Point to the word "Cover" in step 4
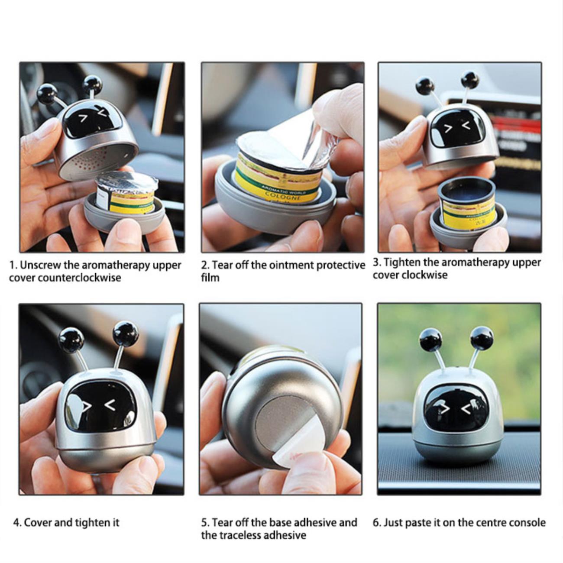(x=38, y=522)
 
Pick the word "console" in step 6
(x=527, y=522)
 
